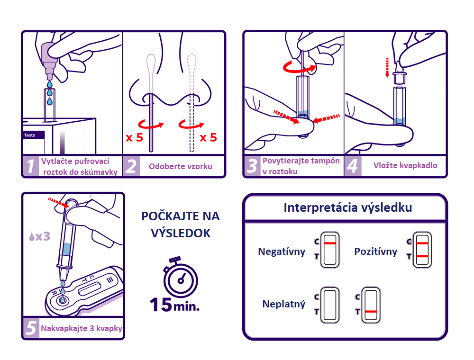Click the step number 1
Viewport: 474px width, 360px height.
point(31,166)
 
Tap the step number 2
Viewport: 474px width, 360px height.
point(131,166)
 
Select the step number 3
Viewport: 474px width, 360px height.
point(253,166)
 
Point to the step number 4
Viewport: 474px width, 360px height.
point(352,166)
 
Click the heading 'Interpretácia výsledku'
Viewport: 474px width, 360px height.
point(347,207)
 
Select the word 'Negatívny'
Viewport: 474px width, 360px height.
point(282,252)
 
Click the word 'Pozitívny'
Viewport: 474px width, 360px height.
point(375,252)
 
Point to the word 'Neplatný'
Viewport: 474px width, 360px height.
point(284,304)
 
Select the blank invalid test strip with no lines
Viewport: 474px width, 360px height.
point(330,306)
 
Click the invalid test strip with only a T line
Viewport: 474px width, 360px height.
point(371,306)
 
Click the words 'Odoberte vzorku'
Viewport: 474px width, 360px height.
point(180,166)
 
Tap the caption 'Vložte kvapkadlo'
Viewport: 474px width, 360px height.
point(405,165)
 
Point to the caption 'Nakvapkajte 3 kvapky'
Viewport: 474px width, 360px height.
point(81,328)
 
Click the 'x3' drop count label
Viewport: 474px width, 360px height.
point(39,235)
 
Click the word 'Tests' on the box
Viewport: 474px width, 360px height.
point(30,135)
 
